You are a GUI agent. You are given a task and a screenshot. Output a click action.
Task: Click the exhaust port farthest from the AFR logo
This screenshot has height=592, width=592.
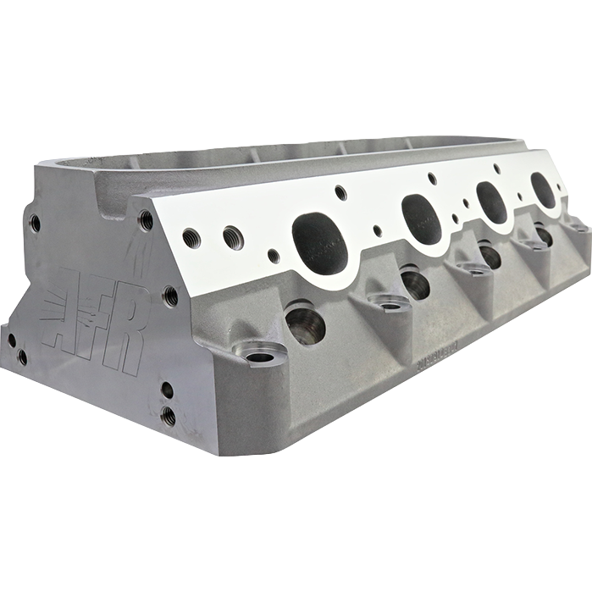point(543,191)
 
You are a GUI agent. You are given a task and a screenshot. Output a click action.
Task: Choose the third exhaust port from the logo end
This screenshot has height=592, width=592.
point(491,202)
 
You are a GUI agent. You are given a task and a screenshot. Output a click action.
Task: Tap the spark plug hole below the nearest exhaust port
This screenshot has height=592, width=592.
point(306,325)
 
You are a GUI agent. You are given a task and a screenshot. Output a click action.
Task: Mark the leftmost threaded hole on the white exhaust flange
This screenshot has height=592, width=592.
point(192,238)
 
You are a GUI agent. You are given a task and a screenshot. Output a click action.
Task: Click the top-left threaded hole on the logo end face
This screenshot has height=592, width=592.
point(35,223)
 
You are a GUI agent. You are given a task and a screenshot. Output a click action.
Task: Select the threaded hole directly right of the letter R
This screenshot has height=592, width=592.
point(170,296)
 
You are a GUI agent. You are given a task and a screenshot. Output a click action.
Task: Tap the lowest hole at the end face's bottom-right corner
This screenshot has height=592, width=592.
point(169,416)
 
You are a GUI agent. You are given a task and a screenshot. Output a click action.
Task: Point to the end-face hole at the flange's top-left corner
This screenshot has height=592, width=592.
point(147,220)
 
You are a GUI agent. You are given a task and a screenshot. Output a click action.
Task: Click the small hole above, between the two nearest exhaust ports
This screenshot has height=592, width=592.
point(340,192)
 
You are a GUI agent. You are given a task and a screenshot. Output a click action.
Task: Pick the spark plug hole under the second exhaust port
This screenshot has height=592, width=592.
point(414,283)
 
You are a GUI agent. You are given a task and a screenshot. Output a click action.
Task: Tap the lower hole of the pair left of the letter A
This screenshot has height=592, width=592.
point(23,357)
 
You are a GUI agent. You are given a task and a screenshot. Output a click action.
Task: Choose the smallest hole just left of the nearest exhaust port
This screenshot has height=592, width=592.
point(274,255)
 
